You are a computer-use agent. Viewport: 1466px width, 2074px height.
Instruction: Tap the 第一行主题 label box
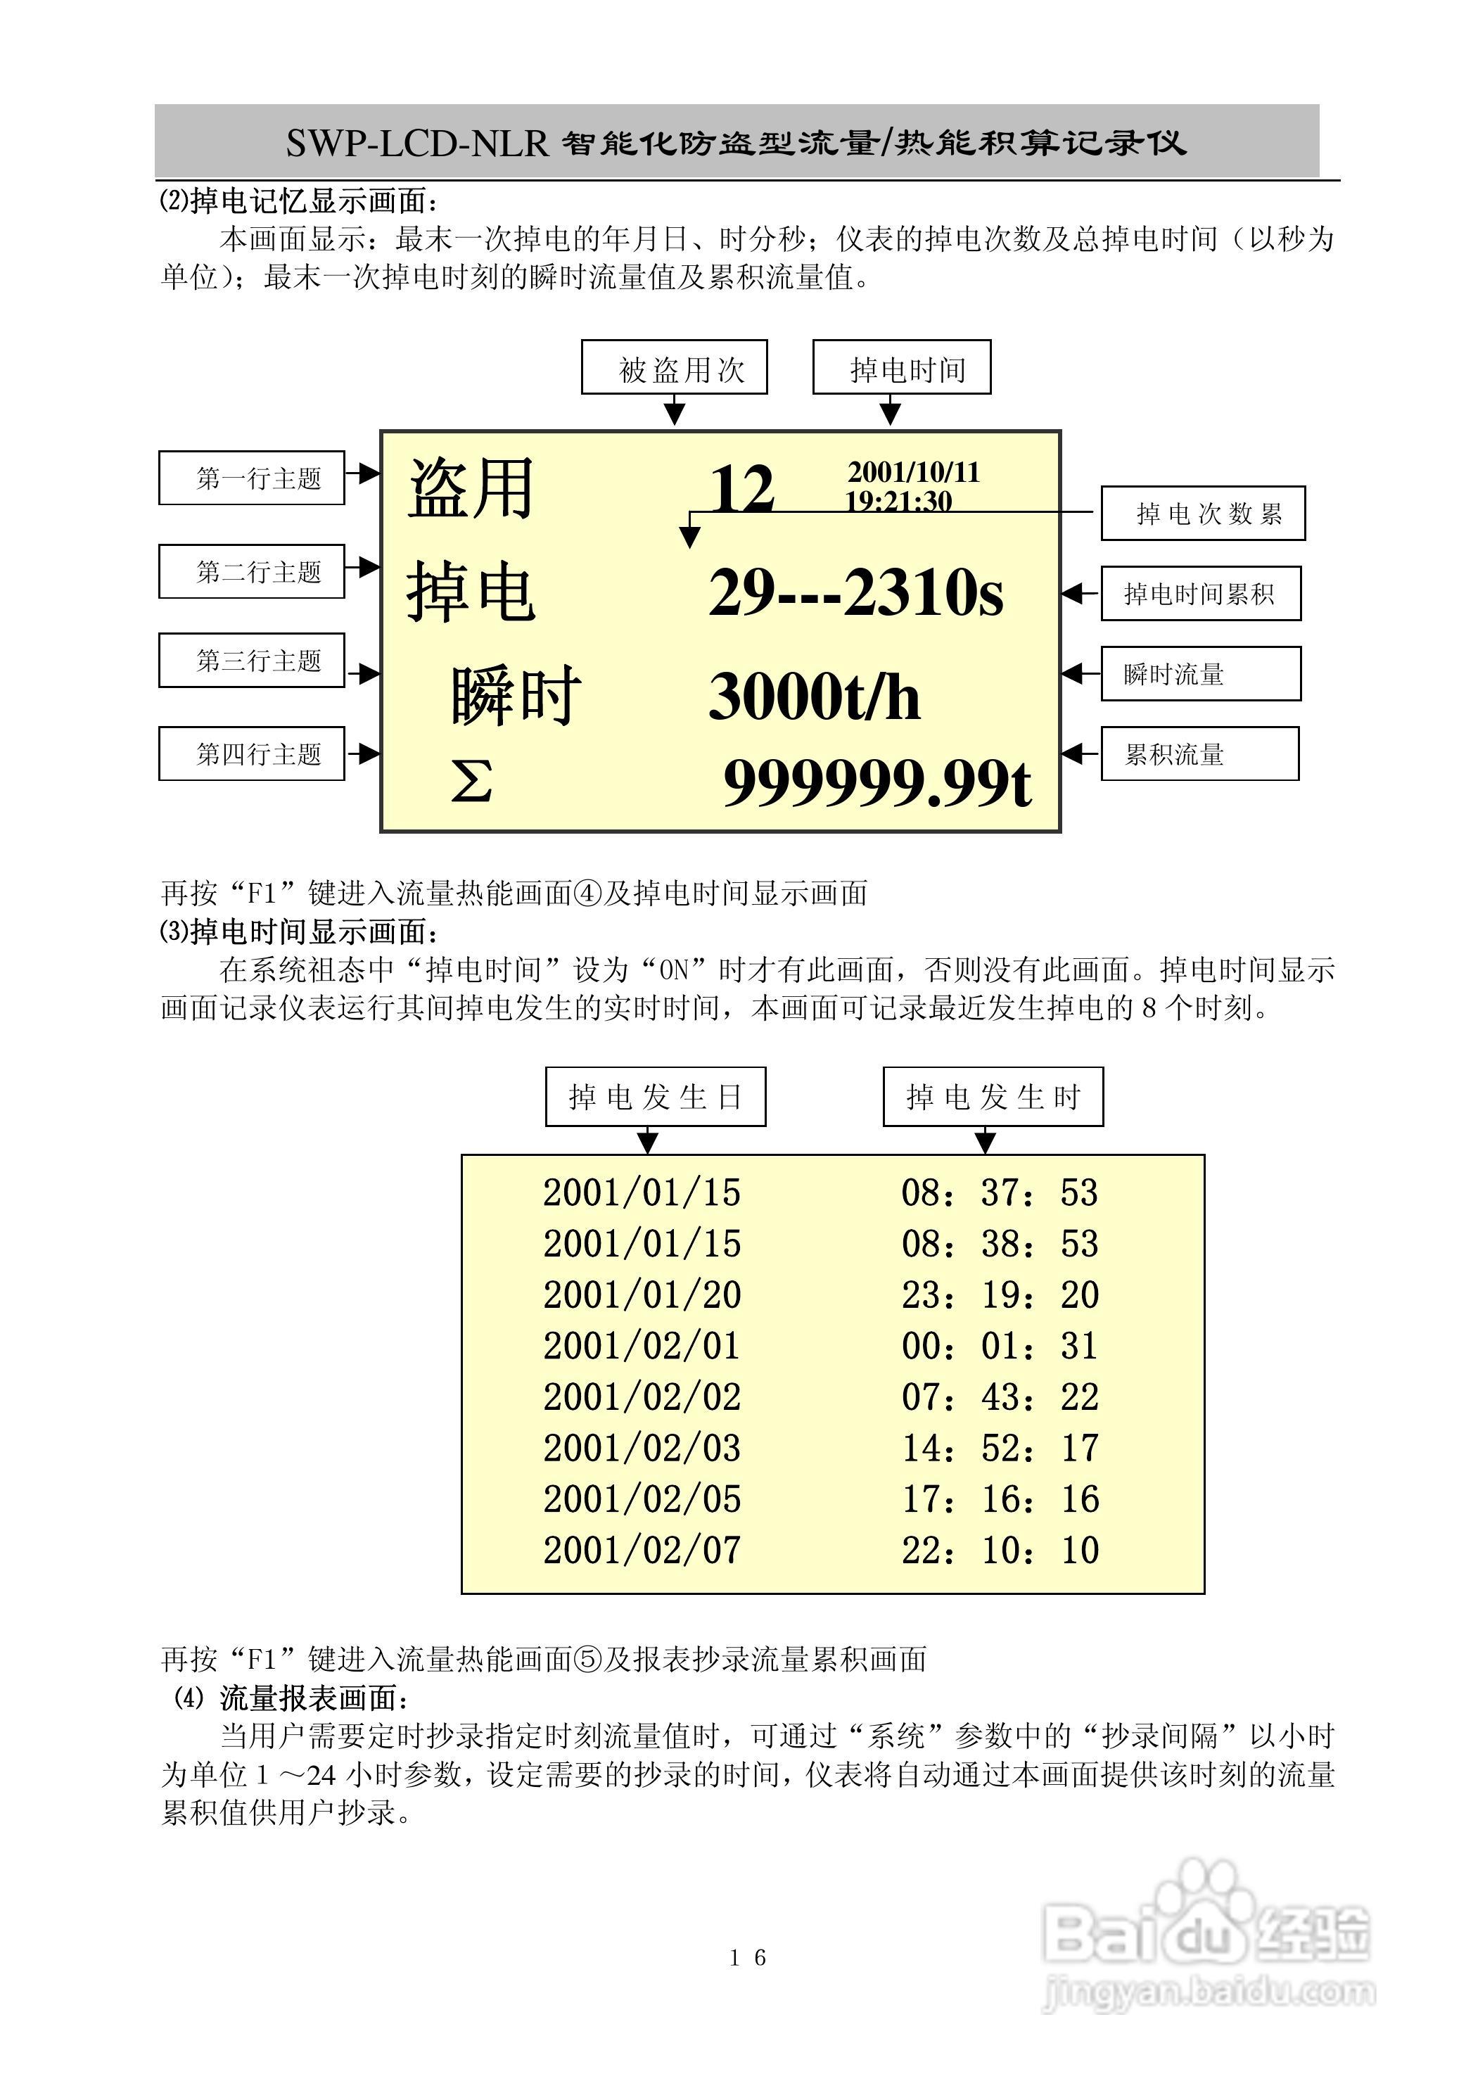[251, 478]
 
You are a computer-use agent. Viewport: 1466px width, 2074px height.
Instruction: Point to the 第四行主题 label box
[251, 753]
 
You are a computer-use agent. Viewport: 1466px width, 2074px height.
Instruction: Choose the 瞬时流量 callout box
[1200, 674]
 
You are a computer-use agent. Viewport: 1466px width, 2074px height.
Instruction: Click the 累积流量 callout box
[1199, 753]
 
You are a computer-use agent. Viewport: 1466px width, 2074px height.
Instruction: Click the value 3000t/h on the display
[814, 696]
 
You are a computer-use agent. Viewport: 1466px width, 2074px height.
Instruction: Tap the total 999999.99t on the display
[877, 782]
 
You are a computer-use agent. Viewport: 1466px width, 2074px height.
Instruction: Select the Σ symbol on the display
[471, 782]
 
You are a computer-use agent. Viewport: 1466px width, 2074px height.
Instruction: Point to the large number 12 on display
[741, 489]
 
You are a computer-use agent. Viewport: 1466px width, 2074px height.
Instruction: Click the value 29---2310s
[855, 592]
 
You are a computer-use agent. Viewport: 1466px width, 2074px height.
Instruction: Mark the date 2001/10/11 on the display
[913, 471]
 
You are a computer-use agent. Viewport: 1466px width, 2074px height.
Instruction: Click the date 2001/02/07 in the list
[642, 1550]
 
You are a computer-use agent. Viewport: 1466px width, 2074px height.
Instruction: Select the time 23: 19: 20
[1000, 1295]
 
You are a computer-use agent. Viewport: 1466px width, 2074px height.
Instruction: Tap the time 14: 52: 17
[1000, 1448]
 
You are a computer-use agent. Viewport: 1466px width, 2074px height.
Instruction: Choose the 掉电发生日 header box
[655, 1097]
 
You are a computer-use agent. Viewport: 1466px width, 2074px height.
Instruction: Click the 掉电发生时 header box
[993, 1097]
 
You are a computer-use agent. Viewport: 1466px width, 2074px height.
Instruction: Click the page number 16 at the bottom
[748, 1957]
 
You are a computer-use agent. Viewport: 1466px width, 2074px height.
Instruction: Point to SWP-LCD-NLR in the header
[417, 143]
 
